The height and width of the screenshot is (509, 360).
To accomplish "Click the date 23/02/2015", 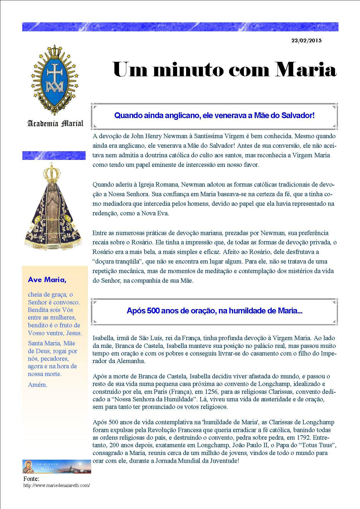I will click(306, 41).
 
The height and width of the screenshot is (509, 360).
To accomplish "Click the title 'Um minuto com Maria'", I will click(224, 70).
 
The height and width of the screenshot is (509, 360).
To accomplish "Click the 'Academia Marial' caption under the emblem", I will click(55, 123).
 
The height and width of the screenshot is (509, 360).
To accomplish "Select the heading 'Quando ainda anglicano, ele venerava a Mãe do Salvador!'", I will click(214, 115).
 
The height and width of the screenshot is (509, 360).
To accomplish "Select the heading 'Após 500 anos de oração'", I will click(214, 311).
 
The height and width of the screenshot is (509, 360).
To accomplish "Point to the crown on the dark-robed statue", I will click(52, 171).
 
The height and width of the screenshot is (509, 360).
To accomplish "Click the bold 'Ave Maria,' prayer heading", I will click(47, 280).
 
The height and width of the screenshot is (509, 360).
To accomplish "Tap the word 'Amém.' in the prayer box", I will click(37, 385).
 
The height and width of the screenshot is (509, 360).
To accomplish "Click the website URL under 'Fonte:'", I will click(57, 485).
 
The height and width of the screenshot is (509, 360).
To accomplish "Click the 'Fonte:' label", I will click(31, 479).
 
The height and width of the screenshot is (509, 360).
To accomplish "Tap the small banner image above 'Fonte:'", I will click(57, 466).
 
